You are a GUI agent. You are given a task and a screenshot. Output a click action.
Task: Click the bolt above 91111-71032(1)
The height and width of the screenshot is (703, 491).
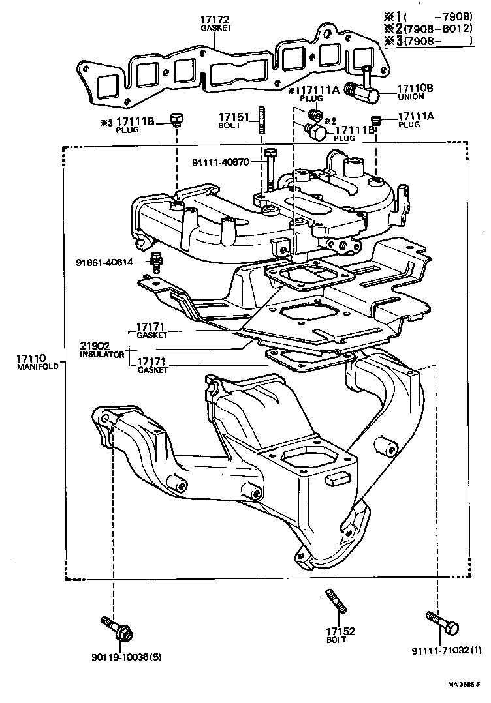click(442, 623)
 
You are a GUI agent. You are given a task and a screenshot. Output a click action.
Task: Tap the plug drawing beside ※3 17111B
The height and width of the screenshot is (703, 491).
click(175, 119)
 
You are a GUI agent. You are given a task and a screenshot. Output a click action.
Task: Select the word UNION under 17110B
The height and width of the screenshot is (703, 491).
click(411, 97)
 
